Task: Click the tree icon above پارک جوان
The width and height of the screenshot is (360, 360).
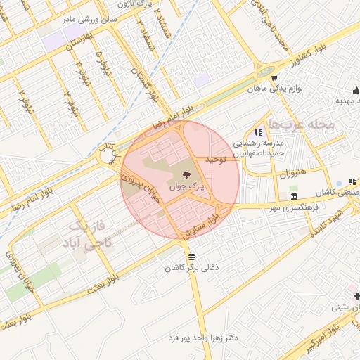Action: pos(186,176)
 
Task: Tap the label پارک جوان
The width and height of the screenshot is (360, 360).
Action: pos(186,187)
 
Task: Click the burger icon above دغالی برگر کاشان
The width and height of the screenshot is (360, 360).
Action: pos(191,256)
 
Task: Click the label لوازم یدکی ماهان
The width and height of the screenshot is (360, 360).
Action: pos(276,89)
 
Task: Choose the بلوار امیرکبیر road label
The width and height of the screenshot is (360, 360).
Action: pos(323,337)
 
